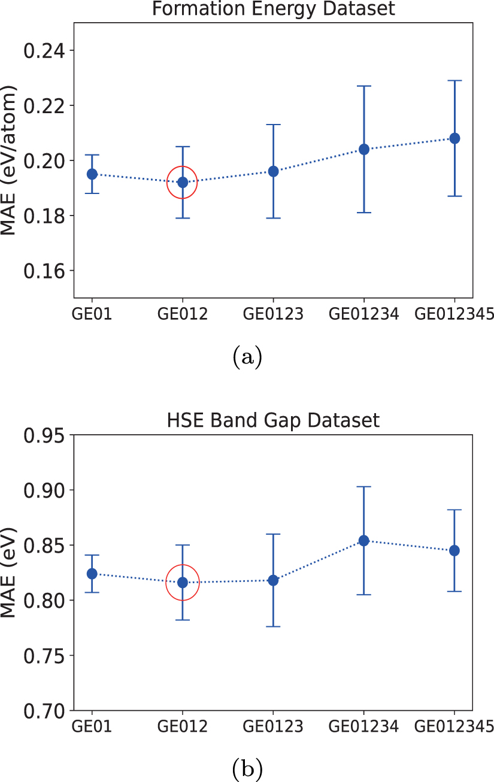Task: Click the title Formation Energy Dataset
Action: pos(273,9)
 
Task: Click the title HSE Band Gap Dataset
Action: pos(273,420)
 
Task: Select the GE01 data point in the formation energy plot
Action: pos(92,174)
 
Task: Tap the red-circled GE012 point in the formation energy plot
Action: pos(183,182)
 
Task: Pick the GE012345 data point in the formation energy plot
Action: pos(454,138)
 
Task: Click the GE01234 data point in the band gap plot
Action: pos(363,541)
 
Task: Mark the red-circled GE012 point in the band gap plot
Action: pos(183,582)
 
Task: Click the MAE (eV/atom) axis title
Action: pos(8,160)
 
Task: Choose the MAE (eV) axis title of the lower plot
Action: pos(8,572)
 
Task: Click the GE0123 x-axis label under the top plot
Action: pos(273,314)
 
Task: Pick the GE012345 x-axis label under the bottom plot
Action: pos(454,726)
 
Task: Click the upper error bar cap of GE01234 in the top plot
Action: pos(363,86)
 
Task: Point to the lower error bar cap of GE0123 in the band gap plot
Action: pos(273,626)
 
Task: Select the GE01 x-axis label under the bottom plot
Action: pos(92,726)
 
